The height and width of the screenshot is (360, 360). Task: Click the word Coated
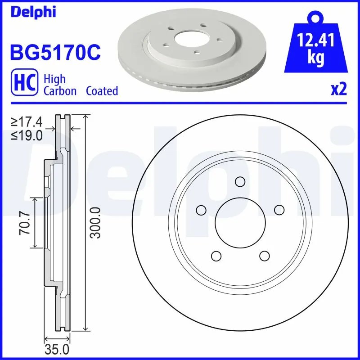pos(102,91)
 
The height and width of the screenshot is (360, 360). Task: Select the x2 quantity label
pos(338,90)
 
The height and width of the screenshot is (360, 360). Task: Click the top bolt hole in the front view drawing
pos(240,181)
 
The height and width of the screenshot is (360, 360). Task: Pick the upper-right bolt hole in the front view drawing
pos(279,210)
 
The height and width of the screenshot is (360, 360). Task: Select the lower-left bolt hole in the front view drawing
pos(216,256)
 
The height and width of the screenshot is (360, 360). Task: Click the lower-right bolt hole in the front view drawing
pos(264,256)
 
